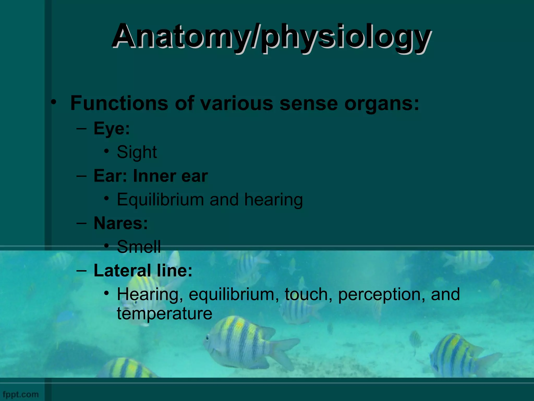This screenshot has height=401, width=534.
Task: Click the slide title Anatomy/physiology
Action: [x=271, y=37]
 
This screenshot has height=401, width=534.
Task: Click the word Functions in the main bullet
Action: [x=119, y=103]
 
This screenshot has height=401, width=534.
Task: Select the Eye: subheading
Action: [x=112, y=128]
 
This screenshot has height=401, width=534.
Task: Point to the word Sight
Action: [x=137, y=152]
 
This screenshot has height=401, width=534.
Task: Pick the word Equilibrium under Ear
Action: [x=160, y=200]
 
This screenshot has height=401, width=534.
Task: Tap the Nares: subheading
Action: [x=121, y=223]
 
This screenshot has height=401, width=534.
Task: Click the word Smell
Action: [x=139, y=247]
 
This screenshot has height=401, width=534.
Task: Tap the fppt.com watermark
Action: [x=21, y=394]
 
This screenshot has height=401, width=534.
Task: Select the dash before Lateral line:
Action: [x=81, y=270]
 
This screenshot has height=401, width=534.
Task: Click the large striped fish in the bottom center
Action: [x=242, y=342]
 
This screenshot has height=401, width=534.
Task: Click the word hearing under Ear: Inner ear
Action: [x=274, y=200]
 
